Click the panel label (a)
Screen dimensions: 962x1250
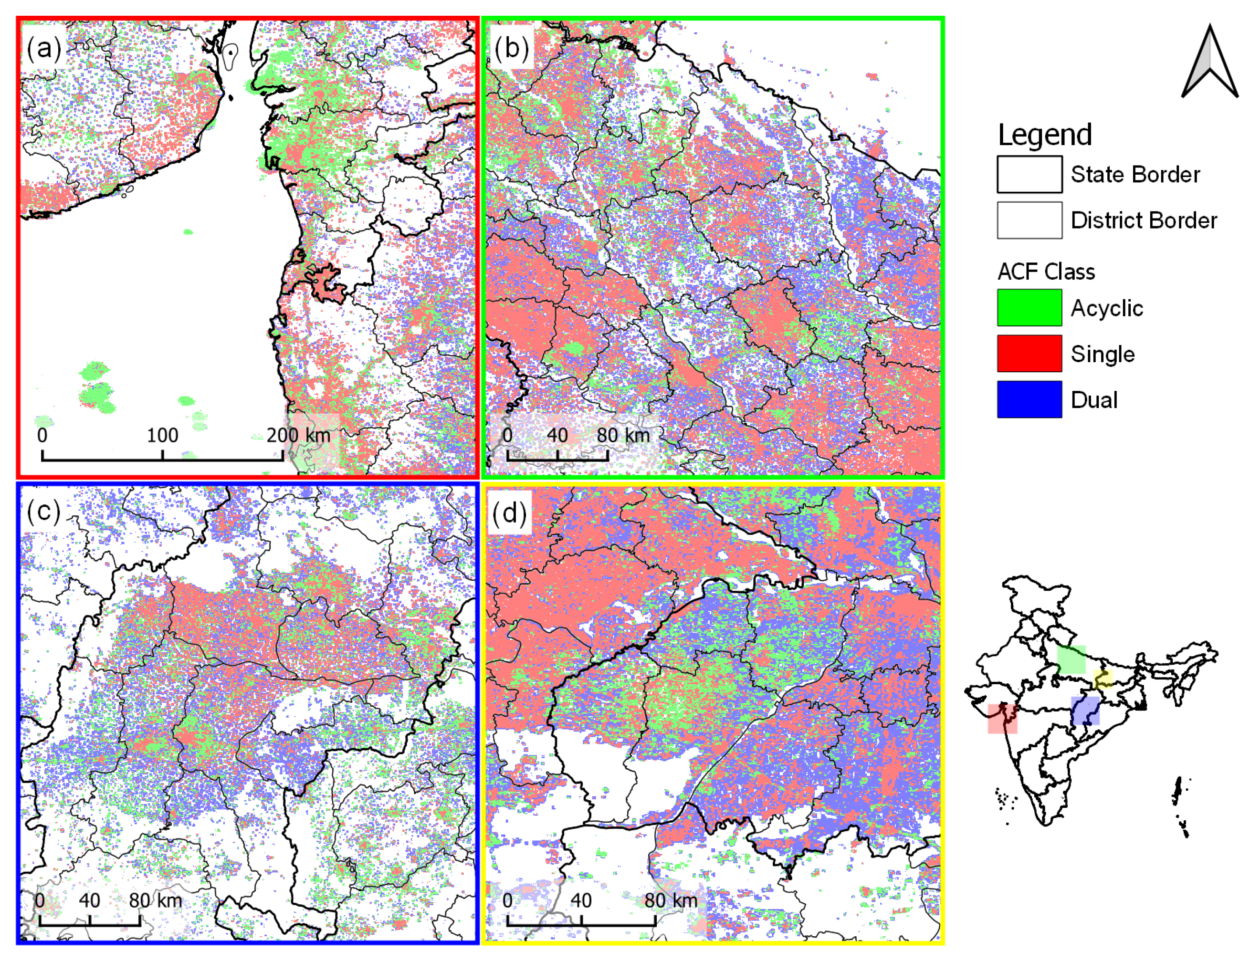pyautogui.click(x=43, y=48)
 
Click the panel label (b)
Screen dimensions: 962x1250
pyautogui.click(x=511, y=48)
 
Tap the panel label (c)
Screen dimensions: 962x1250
pyautogui.click(x=43, y=511)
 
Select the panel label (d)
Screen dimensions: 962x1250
pyautogui.click(x=509, y=513)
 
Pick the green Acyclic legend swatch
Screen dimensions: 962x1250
pyautogui.click(x=1029, y=308)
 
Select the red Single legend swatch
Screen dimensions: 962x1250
pyautogui.click(x=1029, y=354)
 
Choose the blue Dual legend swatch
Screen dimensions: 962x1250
pyautogui.click(x=1029, y=399)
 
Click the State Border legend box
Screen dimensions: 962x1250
pyautogui.click(x=1029, y=175)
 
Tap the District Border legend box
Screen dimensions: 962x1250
pyautogui.click(x=1029, y=220)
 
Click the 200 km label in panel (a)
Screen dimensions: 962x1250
pyautogui.click(x=298, y=436)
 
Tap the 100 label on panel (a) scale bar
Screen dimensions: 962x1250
pyautogui.click(x=163, y=436)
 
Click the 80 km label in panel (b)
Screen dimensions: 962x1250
pyautogui.click(x=623, y=436)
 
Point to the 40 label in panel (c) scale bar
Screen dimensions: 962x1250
pyautogui.click(x=90, y=900)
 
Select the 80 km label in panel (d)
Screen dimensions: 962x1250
pyautogui.click(x=671, y=900)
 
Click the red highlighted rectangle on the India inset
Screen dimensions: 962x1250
pyautogui.click(x=1002, y=719)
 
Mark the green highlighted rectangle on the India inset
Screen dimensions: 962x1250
pyautogui.click(x=1071, y=660)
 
